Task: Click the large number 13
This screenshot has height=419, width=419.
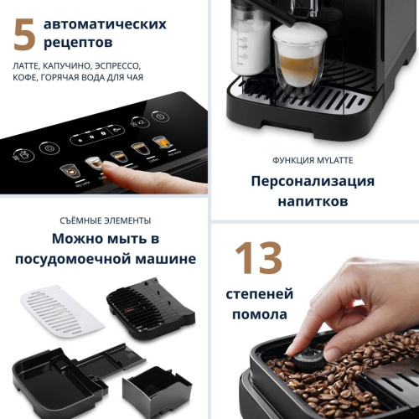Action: pyautogui.click(x=258, y=259)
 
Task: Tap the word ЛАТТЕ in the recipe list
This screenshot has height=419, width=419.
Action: pyautogui.click(x=31, y=64)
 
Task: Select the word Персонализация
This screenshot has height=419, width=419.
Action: pyautogui.click(x=313, y=181)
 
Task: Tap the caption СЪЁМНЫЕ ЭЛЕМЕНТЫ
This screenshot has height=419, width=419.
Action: pyautogui.click(x=105, y=220)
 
